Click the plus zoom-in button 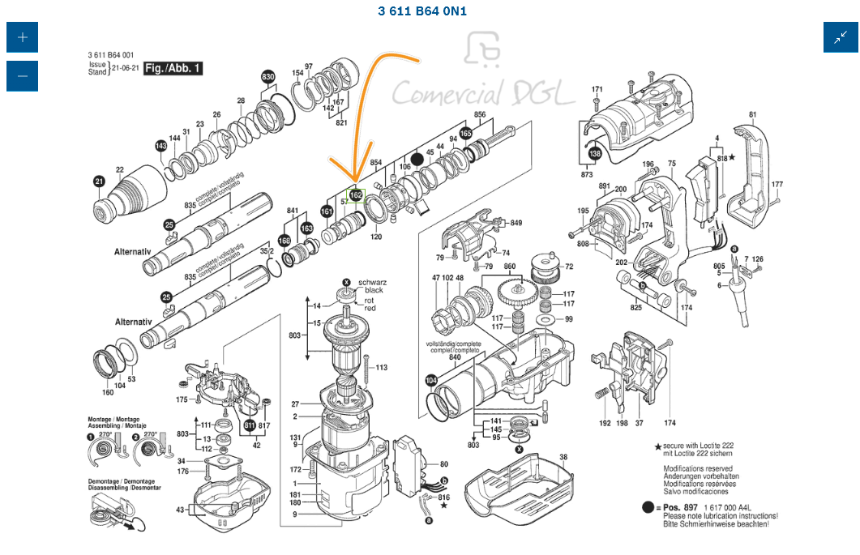(22, 37)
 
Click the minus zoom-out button (22, 76)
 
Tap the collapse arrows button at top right (841, 37)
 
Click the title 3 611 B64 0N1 (422, 11)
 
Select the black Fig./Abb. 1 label (173, 69)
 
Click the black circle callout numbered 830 (268, 77)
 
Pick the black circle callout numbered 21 (99, 181)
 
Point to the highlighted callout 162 (356, 195)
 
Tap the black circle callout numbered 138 (596, 153)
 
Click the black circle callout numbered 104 (430, 379)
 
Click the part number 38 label (563, 457)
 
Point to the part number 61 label (752, 114)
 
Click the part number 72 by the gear (569, 266)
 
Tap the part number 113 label (381, 367)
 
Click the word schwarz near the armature (372, 281)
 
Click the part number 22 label (119, 169)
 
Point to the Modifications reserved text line (698, 468)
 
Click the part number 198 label (622, 423)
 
